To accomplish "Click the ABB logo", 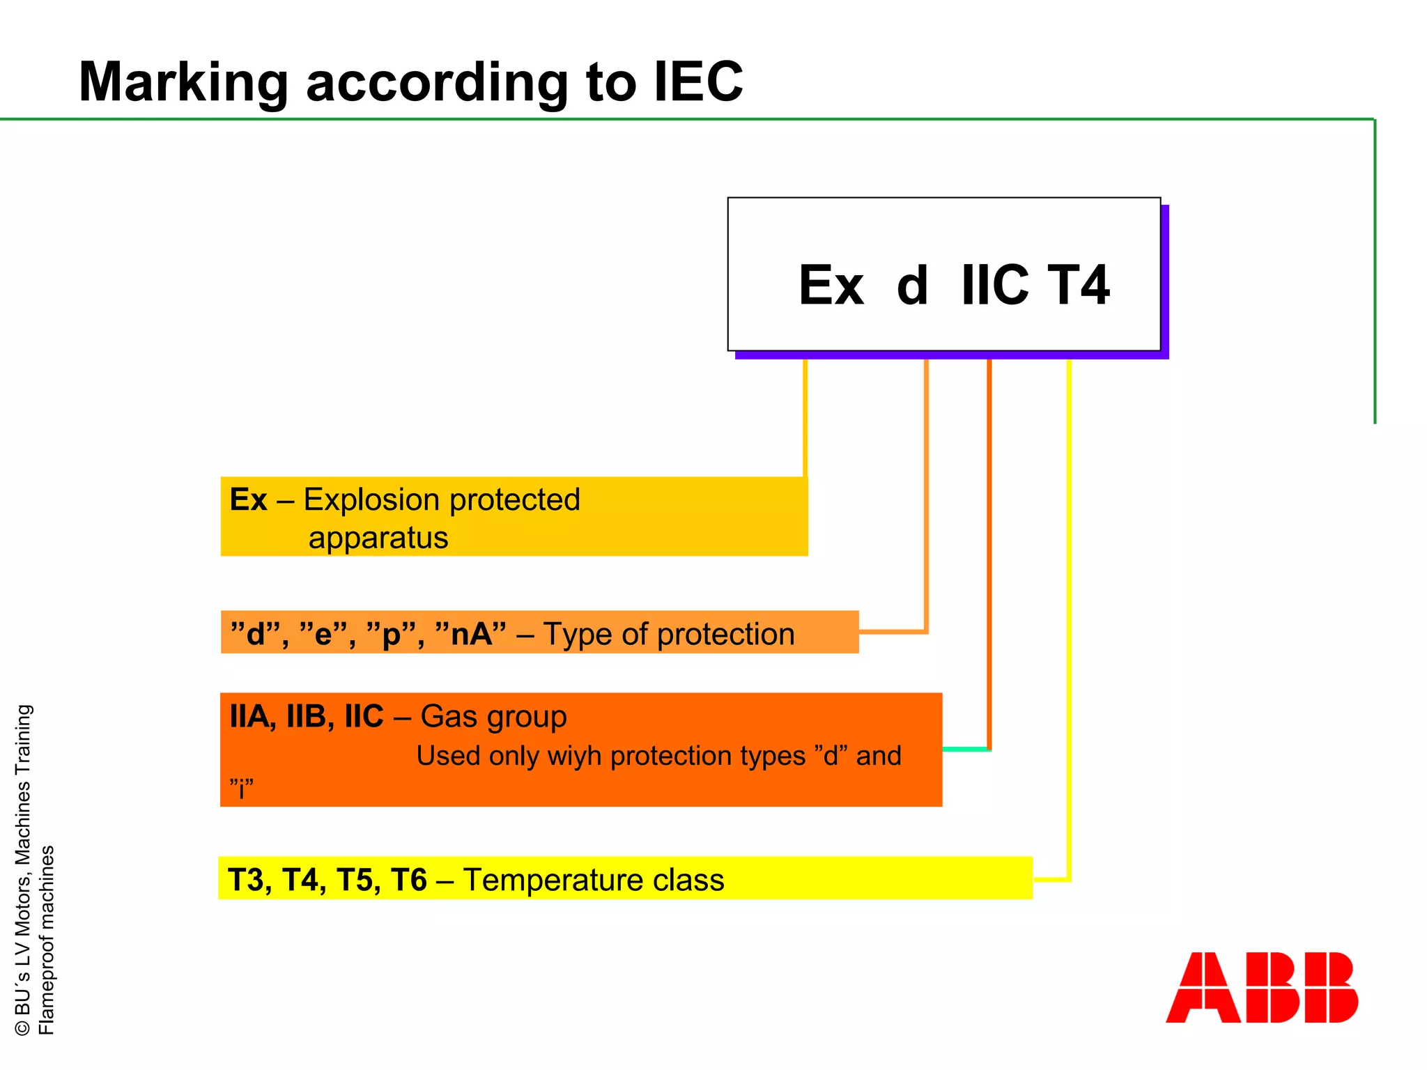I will coord(1261,987).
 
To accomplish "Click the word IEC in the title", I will coord(698,82).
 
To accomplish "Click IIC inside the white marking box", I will coord(994,285).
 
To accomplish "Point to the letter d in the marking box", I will coord(912,286).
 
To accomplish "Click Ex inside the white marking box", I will coord(831,285).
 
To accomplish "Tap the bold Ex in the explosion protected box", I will coord(248,499).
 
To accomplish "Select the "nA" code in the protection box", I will coord(470,633).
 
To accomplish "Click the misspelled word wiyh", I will coord(575,756).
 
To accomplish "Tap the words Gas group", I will coord(493,717).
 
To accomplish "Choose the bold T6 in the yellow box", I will coord(408,880).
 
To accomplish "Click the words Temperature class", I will coord(594,880).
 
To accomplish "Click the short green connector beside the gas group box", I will coord(965,750).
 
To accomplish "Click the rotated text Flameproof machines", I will coord(46,940).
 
